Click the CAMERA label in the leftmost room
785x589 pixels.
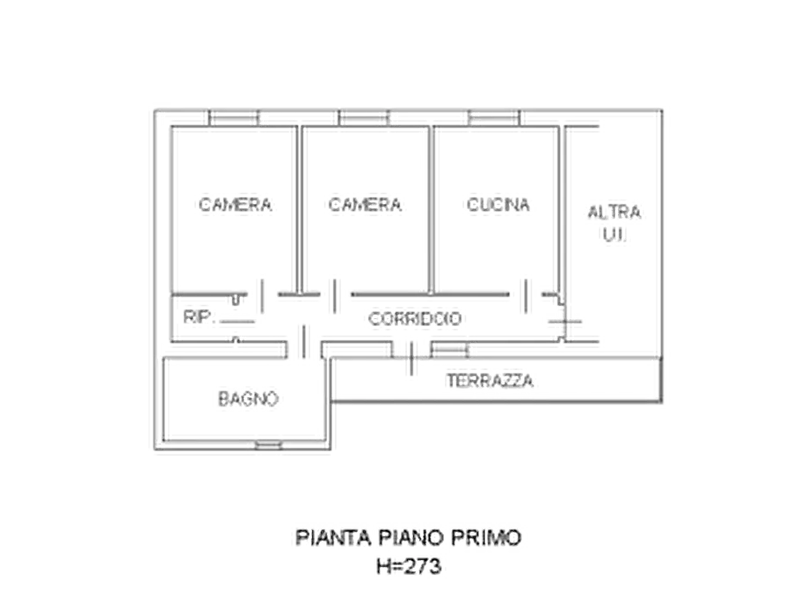tap(235, 204)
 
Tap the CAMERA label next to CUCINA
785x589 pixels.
tap(365, 204)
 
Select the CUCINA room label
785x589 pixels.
tap(498, 204)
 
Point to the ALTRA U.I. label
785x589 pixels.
tap(614, 223)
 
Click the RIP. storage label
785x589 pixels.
tap(199, 317)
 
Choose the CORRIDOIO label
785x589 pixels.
tap(415, 318)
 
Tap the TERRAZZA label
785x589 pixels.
tap(490, 382)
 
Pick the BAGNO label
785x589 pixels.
tap(248, 399)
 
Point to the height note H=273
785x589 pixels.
tap(409, 566)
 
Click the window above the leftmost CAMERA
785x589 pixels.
tap(233, 118)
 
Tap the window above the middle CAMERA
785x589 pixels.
tap(364, 118)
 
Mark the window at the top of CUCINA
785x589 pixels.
tap(494, 118)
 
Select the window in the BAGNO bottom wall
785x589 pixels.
tap(268, 445)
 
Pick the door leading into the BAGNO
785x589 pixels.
tap(304, 342)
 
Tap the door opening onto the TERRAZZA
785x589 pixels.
tap(411, 359)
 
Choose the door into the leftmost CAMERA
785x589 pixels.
tap(262, 296)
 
